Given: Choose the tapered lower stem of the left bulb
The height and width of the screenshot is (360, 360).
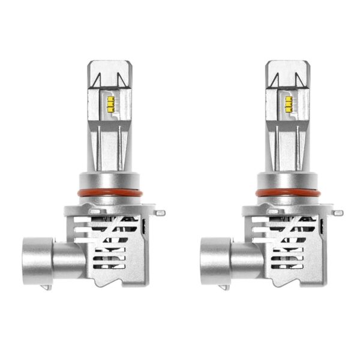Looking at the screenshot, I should coord(106,147).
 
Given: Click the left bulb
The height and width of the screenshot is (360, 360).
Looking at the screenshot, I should coord(105,198).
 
